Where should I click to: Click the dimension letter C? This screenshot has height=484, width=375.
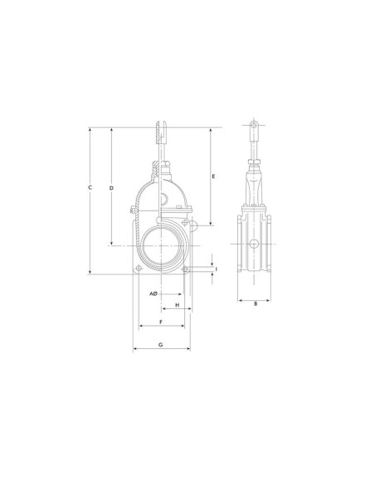point(90,187)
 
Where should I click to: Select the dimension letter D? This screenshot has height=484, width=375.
point(112,187)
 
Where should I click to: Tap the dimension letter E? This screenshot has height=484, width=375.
point(213,177)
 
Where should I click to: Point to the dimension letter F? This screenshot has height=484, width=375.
point(161,322)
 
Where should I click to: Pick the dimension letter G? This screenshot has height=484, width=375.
point(161,345)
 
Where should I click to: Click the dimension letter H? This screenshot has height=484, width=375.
point(178,305)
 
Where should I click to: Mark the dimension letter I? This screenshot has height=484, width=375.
point(217,269)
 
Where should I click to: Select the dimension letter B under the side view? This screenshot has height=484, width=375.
point(256,303)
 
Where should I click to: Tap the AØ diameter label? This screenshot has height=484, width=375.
point(153,294)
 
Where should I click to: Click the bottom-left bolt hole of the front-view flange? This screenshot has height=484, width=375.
point(139,268)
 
